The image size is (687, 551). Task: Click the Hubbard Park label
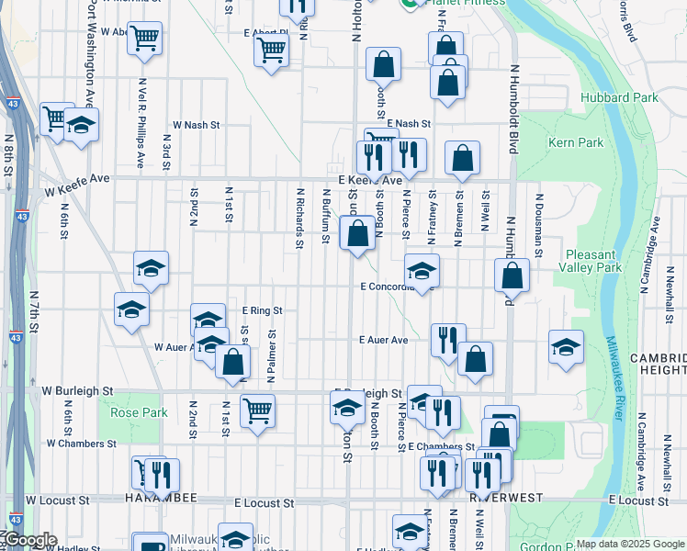tap(619, 97)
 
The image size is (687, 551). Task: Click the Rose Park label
tap(139, 412)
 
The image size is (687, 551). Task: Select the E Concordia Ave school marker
tap(422, 270)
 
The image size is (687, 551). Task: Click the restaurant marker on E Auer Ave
tap(447, 340)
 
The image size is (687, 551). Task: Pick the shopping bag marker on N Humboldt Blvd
tap(512, 275)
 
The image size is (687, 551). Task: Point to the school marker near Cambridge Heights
tap(566, 346)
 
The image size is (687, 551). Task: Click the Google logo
tap(29, 541)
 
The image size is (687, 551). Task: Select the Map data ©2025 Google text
tap(630, 544)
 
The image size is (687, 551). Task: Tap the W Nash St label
tap(197, 125)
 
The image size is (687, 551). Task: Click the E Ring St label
tap(262, 311)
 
